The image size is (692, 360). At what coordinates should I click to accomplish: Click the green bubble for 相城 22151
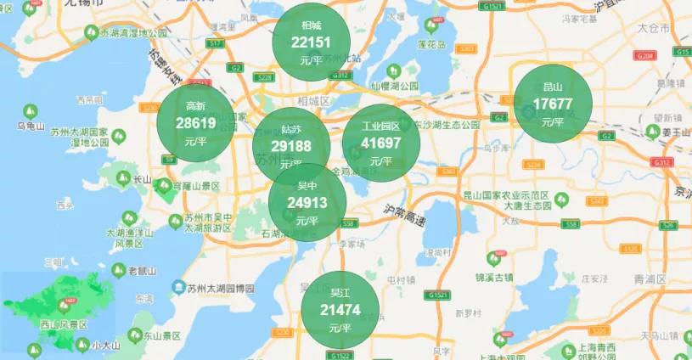pos(312,42)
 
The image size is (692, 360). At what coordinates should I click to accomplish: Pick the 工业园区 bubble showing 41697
pos(381,142)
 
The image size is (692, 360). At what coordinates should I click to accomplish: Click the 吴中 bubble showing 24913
pos(307,202)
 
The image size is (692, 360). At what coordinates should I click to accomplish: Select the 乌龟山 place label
pos(31,127)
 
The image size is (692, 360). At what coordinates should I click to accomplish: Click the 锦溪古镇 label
pos(494,277)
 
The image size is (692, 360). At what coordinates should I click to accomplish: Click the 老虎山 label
pos(141,271)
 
